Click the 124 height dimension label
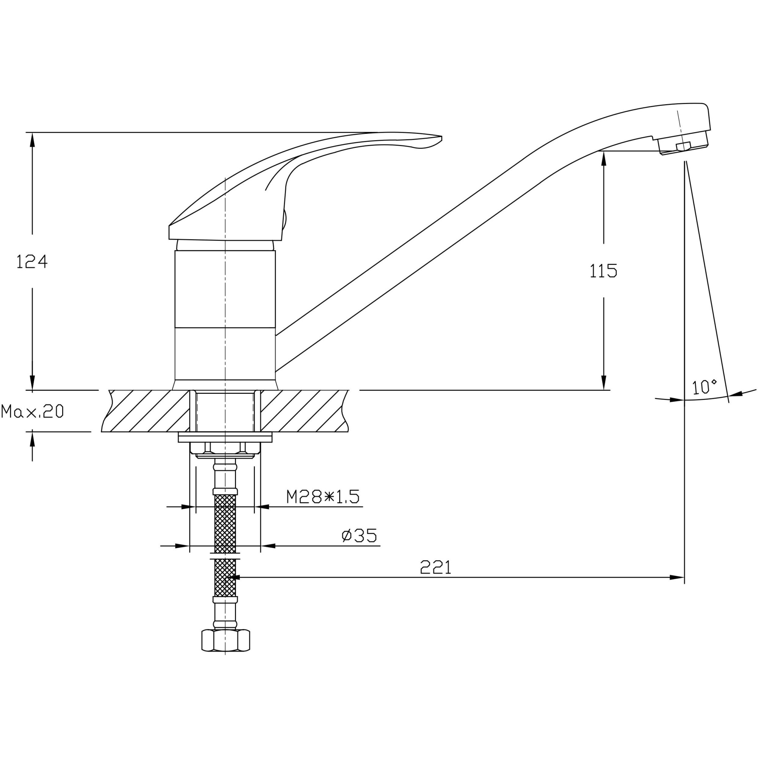click(32, 262)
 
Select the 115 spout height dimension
click(603, 271)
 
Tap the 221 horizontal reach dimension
click(435, 567)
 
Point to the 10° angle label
click(704, 387)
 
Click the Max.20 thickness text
click(32, 411)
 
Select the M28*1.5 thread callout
click(323, 497)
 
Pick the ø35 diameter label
click(359, 536)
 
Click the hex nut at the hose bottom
click(226, 640)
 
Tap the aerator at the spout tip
click(683, 144)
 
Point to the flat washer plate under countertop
click(225, 437)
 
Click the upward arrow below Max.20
click(32, 439)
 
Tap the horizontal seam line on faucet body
click(225, 327)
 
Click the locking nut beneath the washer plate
click(225, 449)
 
